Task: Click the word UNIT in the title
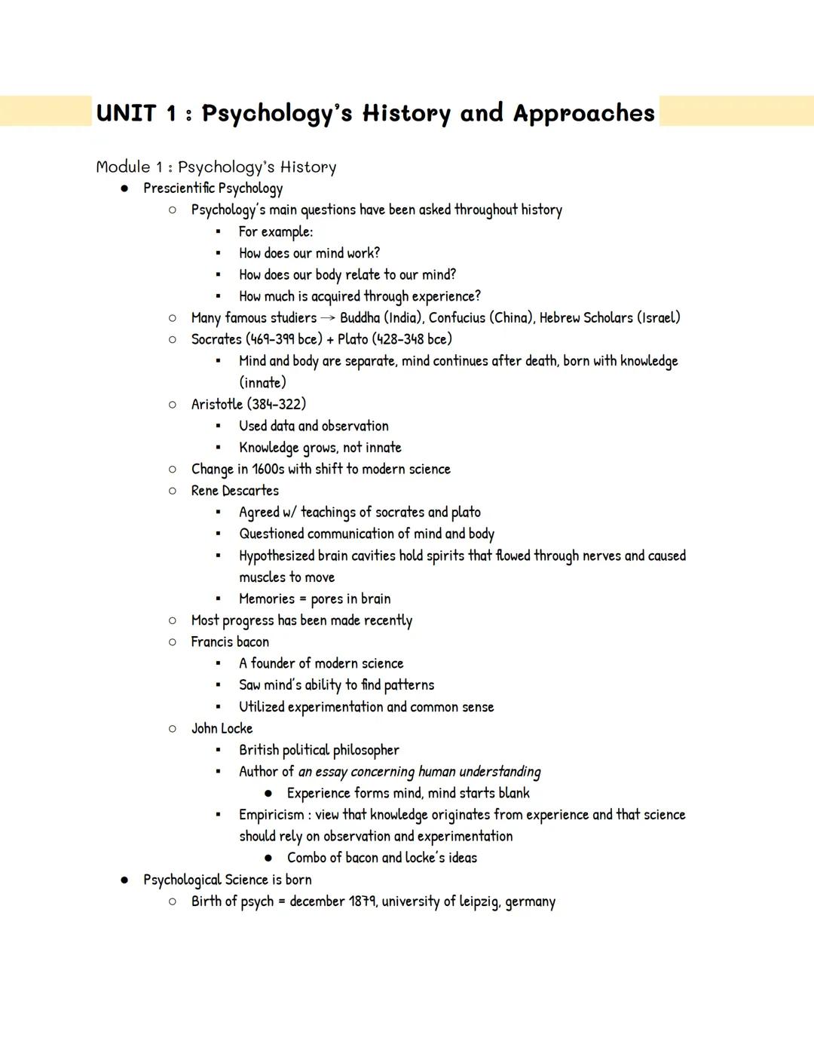click(x=126, y=114)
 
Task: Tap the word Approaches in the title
click(x=584, y=114)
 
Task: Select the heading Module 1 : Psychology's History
click(x=216, y=167)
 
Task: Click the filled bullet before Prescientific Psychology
click(x=124, y=188)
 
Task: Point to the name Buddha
click(x=361, y=317)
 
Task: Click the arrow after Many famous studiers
click(x=328, y=318)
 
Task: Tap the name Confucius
click(x=457, y=317)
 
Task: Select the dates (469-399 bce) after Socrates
click(x=284, y=339)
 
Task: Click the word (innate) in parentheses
click(x=262, y=382)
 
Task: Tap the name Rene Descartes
click(x=234, y=491)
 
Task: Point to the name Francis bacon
click(x=230, y=642)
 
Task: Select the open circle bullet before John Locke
click(x=173, y=729)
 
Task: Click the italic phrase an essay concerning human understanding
click(x=419, y=772)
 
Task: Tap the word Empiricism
click(x=271, y=815)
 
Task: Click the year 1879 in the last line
click(x=362, y=901)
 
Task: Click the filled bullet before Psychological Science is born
click(x=124, y=880)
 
